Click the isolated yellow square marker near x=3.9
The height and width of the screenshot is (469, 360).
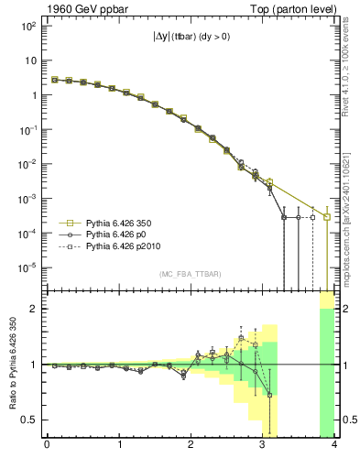327,217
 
